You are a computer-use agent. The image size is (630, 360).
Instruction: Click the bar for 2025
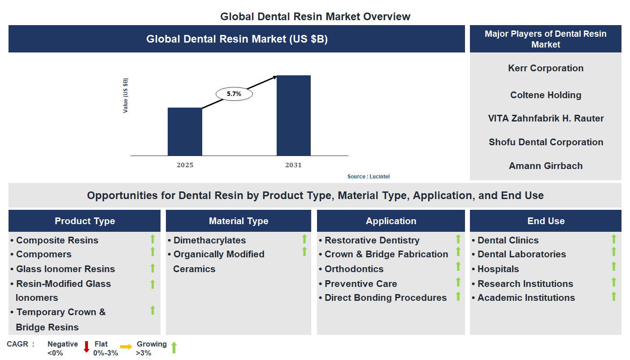[185, 131]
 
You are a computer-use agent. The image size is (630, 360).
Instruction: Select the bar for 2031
[294, 116]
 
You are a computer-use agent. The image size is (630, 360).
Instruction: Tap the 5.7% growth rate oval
[234, 94]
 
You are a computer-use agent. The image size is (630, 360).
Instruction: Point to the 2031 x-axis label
[294, 165]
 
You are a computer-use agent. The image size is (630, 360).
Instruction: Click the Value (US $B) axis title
[126, 95]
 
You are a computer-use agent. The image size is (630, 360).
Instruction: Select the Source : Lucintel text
[369, 177]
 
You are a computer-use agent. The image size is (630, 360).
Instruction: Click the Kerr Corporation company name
[546, 68]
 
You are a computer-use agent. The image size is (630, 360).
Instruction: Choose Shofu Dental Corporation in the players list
[546, 142]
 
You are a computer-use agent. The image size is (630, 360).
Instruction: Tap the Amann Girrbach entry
[546, 166]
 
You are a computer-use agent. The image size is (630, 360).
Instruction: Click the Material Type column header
[239, 221]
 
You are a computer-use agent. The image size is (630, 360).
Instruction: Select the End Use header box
[546, 221]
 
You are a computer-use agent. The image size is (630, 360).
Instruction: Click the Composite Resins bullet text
[57, 240]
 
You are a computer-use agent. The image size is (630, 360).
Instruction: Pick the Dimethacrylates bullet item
[209, 240]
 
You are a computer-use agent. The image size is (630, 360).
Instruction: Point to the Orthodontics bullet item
[354, 269]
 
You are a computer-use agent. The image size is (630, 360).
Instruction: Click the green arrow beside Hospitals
[614, 267]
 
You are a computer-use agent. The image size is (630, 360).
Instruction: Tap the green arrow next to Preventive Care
[458, 282]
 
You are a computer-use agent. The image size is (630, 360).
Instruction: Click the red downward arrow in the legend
[87, 347]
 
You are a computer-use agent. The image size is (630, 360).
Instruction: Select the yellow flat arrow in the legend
[126, 347]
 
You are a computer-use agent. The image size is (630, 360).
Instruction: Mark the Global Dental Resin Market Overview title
[315, 17]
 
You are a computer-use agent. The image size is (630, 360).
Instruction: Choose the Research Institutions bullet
[525, 284]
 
